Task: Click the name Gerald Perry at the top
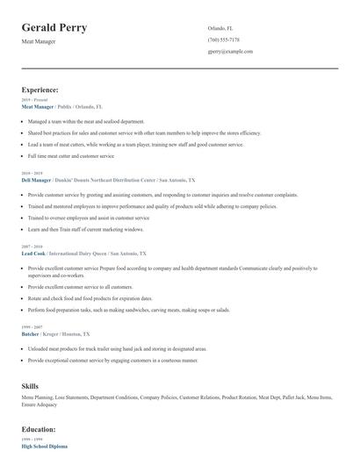pos(54,28)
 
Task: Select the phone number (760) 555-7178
pos(224,39)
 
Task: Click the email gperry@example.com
pos(230,52)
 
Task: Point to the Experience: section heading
pos(40,89)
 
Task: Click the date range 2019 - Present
pos(33,100)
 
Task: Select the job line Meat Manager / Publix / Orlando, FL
pos(63,106)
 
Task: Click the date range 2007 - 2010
pos(32,247)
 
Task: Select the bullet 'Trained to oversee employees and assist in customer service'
pos(89,218)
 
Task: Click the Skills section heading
pos(30,386)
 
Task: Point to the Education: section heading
pos(39,429)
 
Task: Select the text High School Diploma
pos(45,447)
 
